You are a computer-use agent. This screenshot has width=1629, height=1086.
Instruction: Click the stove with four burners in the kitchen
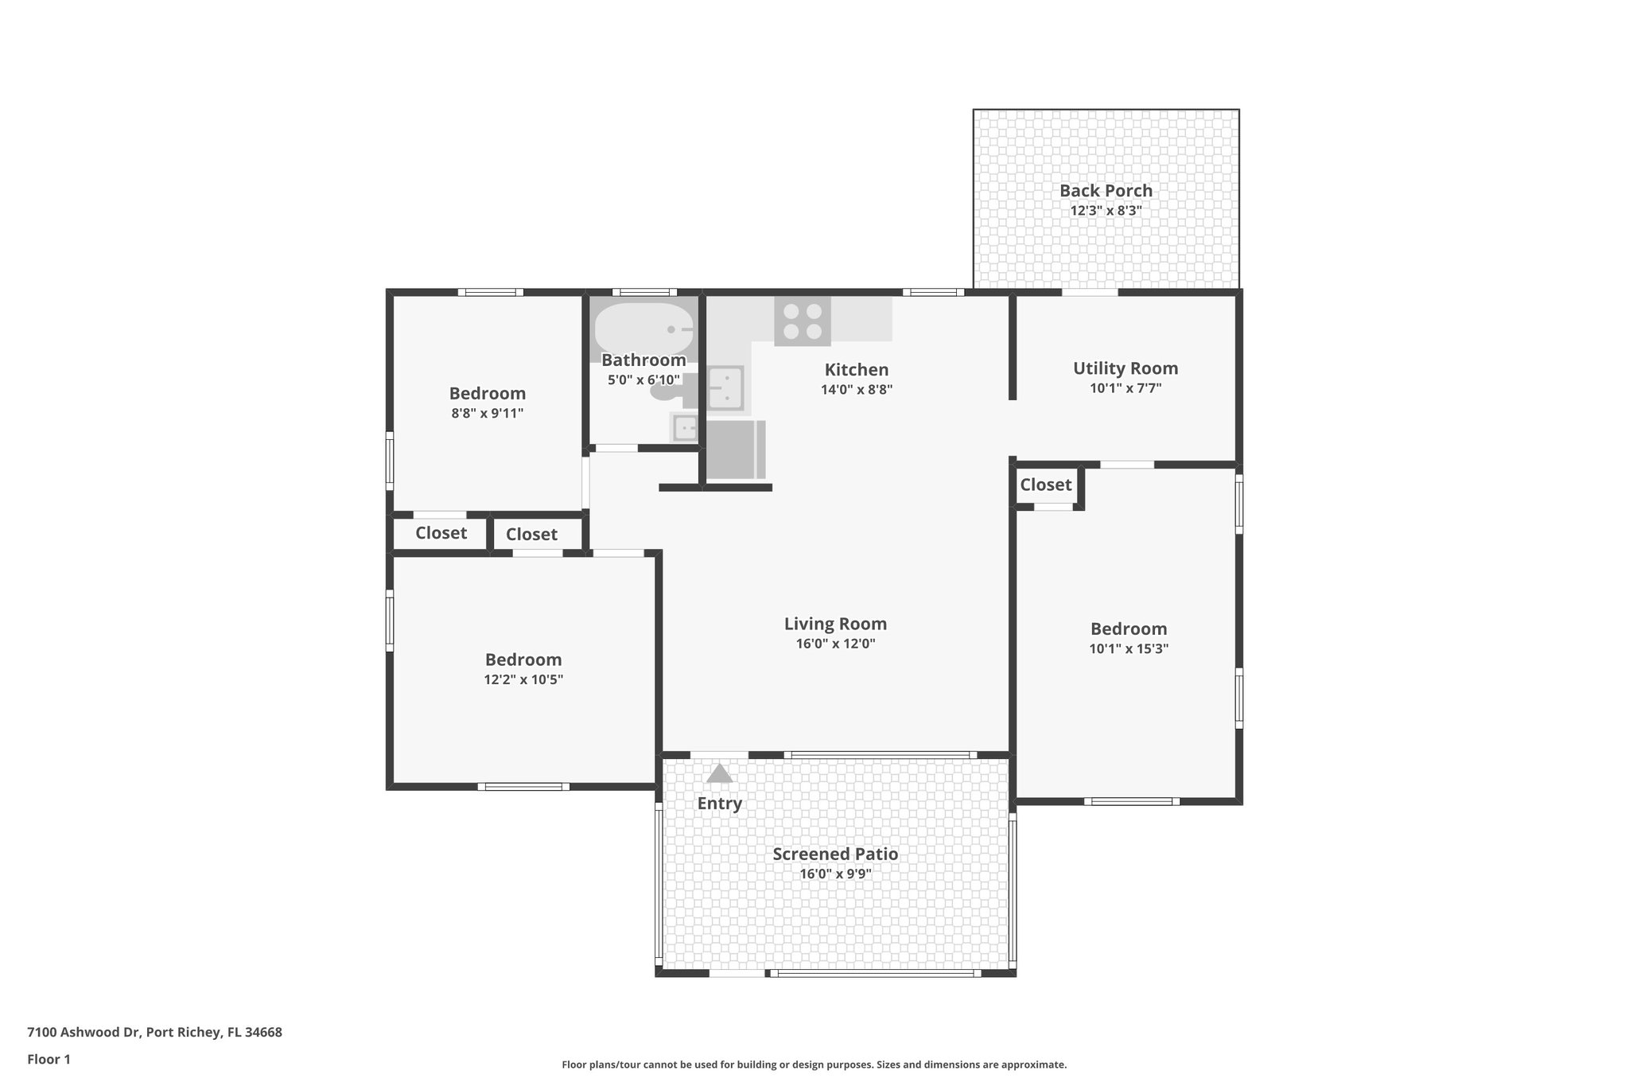click(x=802, y=321)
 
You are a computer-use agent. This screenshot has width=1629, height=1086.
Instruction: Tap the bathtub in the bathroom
click(x=643, y=328)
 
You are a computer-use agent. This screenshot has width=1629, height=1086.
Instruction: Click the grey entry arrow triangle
click(x=719, y=773)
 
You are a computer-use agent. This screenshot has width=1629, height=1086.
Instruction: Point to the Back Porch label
click(x=1106, y=191)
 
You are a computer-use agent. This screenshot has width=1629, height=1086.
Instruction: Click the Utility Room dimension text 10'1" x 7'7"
click(x=1125, y=389)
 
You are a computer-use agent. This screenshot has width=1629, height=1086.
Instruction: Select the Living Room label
click(x=835, y=625)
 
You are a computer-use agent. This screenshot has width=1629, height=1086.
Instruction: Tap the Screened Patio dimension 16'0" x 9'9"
click(x=835, y=874)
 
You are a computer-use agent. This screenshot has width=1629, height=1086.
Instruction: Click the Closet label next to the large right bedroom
click(x=1045, y=485)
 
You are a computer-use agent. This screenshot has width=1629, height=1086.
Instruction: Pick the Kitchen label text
click(x=856, y=370)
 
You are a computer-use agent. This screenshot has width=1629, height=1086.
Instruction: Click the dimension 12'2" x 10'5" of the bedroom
click(x=523, y=680)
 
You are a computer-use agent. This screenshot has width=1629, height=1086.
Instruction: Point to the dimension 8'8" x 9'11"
click(x=487, y=414)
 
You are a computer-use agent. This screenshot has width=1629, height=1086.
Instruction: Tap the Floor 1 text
click(x=49, y=1060)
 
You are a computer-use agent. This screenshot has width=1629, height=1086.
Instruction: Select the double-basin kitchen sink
click(x=725, y=387)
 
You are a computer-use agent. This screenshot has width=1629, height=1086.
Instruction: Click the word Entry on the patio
click(x=719, y=804)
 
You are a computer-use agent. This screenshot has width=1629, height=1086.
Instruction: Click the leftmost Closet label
click(x=441, y=533)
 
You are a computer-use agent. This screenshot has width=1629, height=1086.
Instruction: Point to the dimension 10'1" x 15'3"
click(x=1128, y=649)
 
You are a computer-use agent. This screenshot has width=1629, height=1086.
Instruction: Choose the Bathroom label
click(x=643, y=360)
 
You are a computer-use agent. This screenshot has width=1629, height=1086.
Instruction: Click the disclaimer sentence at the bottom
click(x=814, y=1065)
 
